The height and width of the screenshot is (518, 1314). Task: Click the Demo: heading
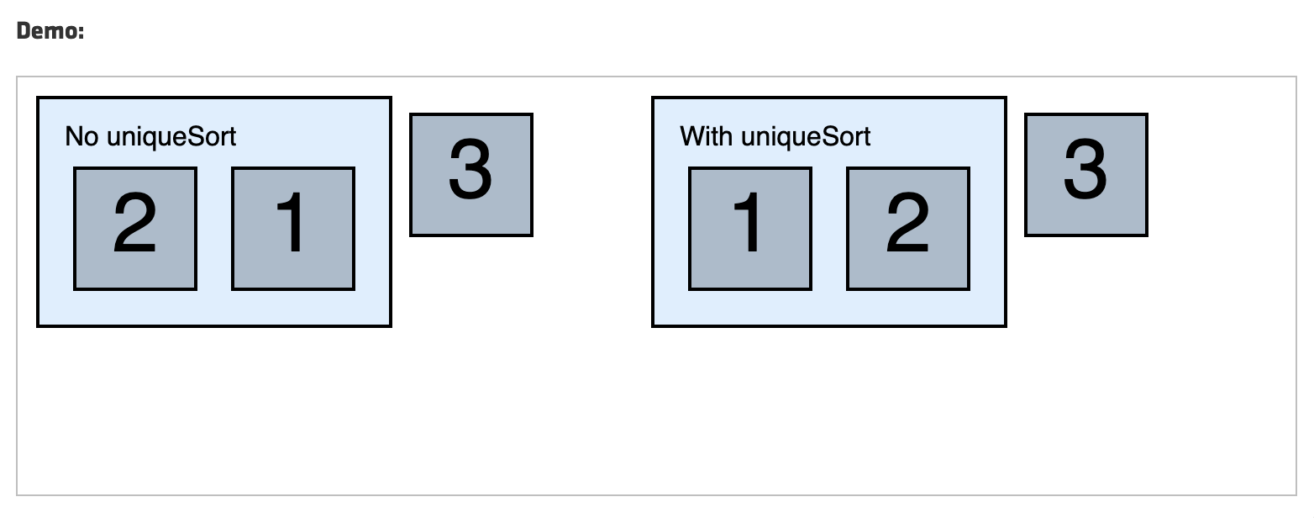(x=50, y=31)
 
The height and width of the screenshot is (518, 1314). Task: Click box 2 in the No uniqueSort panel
(x=135, y=229)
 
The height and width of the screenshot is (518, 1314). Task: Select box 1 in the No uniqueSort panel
(x=293, y=229)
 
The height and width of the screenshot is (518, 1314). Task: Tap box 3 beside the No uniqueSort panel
(x=471, y=175)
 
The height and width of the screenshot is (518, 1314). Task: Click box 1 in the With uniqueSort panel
(x=750, y=229)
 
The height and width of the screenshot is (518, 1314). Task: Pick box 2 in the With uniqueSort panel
(x=908, y=229)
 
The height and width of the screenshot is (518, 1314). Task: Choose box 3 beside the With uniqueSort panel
(x=1086, y=175)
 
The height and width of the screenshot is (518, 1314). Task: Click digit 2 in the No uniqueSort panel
(x=135, y=223)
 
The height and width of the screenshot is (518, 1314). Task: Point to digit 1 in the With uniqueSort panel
(x=747, y=223)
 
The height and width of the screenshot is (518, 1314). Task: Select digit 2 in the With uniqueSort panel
(x=907, y=223)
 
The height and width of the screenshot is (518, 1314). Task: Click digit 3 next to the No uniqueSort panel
(x=470, y=169)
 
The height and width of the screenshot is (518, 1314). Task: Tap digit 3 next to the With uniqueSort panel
(x=1085, y=169)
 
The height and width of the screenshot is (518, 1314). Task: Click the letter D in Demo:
(x=24, y=31)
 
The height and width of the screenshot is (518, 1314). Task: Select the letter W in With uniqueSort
(x=693, y=136)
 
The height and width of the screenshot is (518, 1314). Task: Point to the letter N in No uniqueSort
(x=73, y=136)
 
